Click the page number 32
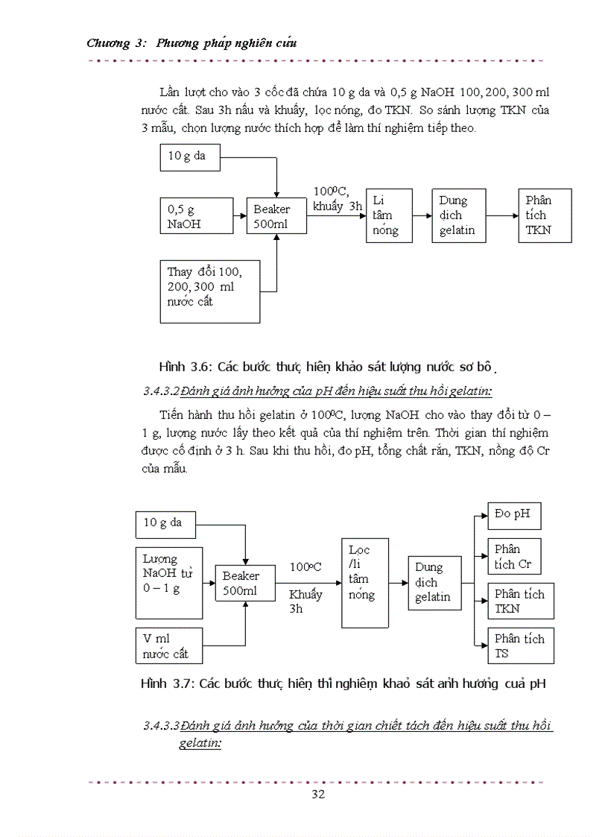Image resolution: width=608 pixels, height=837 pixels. pos(318,794)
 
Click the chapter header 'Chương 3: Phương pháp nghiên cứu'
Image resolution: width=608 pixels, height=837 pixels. pos(191,42)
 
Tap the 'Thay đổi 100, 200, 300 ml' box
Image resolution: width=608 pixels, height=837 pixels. pos(210,291)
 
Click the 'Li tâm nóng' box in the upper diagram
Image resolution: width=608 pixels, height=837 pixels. pos(389,215)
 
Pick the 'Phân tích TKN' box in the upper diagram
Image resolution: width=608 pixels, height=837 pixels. pos(545,215)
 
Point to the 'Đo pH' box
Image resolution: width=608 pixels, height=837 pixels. pos(513,516)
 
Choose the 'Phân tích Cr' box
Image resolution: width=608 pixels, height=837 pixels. pos(513,556)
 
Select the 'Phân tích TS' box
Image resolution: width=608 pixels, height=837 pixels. pos(520,645)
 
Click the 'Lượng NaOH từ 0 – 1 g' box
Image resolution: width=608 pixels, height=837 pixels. pos(169,583)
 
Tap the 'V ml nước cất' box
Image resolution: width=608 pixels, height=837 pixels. pos(169,646)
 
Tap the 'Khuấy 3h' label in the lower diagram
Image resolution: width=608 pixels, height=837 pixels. pos(305,601)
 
